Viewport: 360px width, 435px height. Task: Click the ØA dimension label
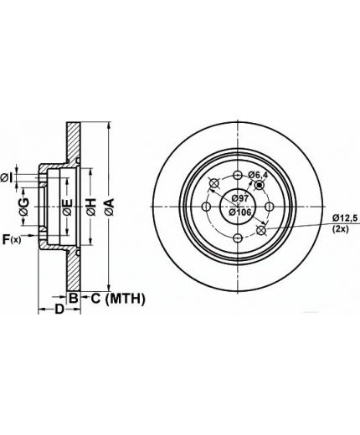(110, 207)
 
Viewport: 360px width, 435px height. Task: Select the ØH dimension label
(91, 207)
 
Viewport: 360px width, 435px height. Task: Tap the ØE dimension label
(68, 207)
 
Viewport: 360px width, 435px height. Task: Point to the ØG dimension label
(24, 207)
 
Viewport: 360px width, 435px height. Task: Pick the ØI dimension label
(7, 177)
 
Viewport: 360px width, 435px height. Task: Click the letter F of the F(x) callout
(6, 239)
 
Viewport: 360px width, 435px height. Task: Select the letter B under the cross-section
(73, 299)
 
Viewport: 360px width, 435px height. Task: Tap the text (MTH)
(126, 299)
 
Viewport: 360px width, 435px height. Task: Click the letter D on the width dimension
(59, 310)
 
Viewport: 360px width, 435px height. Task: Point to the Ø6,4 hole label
(258, 175)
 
